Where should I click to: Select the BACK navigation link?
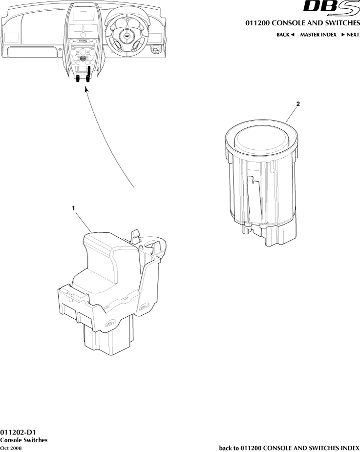[x=285, y=35]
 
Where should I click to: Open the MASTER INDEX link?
[x=318, y=35]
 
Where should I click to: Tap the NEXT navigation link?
[x=351, y=35]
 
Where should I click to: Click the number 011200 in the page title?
[x=257, y=23]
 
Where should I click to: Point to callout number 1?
[x=74, y=208]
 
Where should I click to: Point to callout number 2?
[x=298, y=104]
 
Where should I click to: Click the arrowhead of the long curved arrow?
[x=86, y=90]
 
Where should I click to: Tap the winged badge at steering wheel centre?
[x=126, y=36]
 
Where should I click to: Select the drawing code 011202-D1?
[x=18, y=432]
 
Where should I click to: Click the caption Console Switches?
[x=23, y=440]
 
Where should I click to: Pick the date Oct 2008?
[x=11, y=448]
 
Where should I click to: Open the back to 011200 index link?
[x=289, y=448]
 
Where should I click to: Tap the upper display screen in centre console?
[x=84, y=16]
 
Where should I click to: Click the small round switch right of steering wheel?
[x=156, y=50]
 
